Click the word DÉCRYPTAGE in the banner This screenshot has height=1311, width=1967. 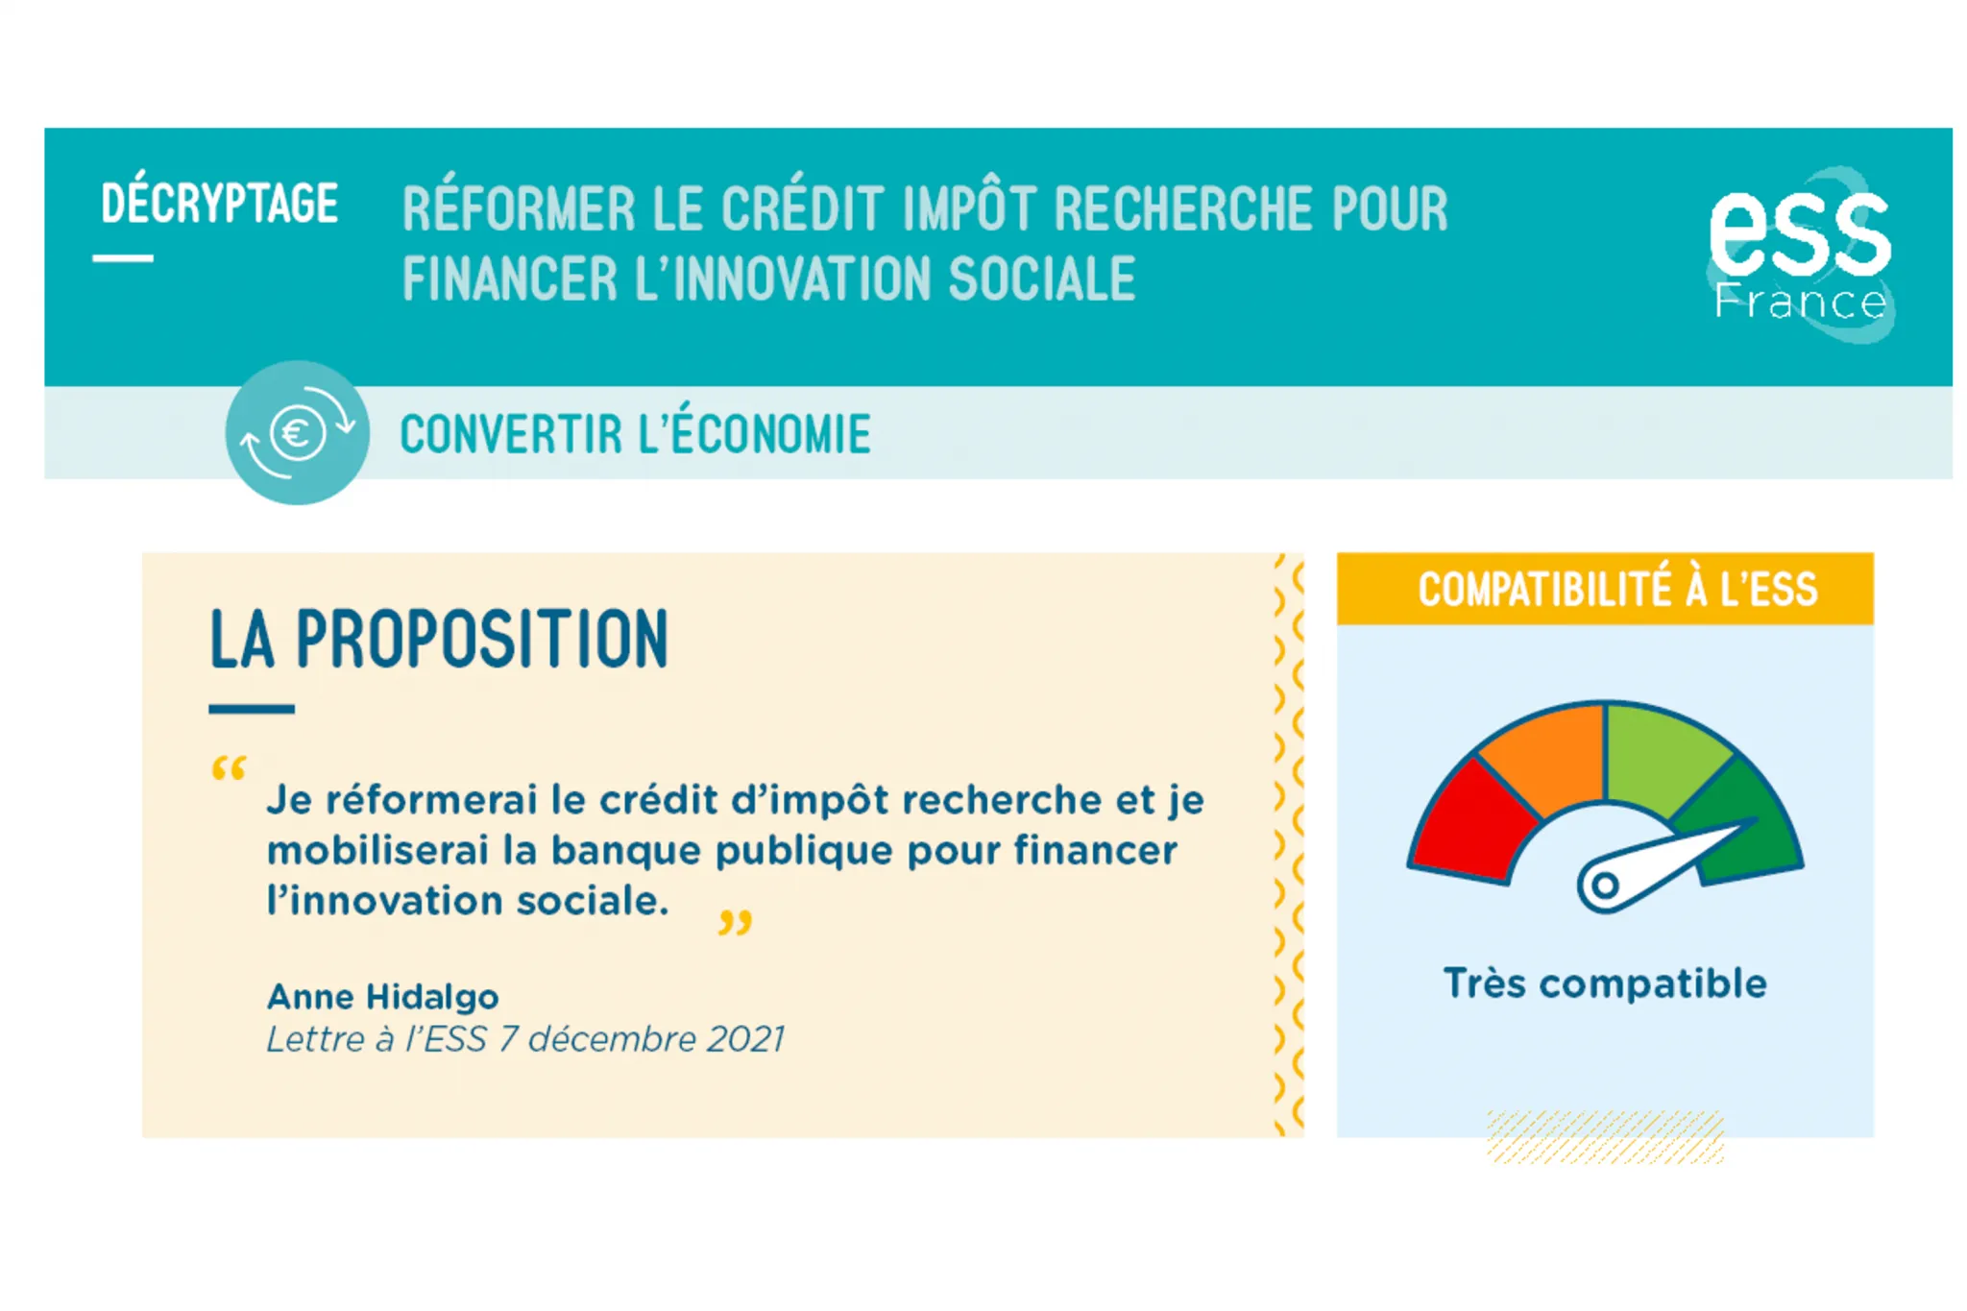[x=219, y=204]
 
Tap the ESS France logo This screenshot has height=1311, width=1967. [x=1800, y=255]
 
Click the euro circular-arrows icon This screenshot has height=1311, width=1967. [x=297, y=432]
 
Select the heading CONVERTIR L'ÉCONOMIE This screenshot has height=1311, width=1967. [x=635, y=434]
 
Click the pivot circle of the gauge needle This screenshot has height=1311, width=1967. [x=1603, y=886]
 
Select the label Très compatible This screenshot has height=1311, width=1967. [x=1605, y=983]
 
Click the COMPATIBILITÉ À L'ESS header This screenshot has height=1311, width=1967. [x=1617, y=590]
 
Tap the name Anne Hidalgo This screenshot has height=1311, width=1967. [x=382, y=997]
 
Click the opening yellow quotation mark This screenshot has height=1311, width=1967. [x=229, y=769]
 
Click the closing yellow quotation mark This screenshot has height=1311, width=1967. [x=735, y=923]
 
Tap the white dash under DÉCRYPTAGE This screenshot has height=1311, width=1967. [x=123, y=258]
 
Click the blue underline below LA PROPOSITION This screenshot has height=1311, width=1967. [x=252, y=709]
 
